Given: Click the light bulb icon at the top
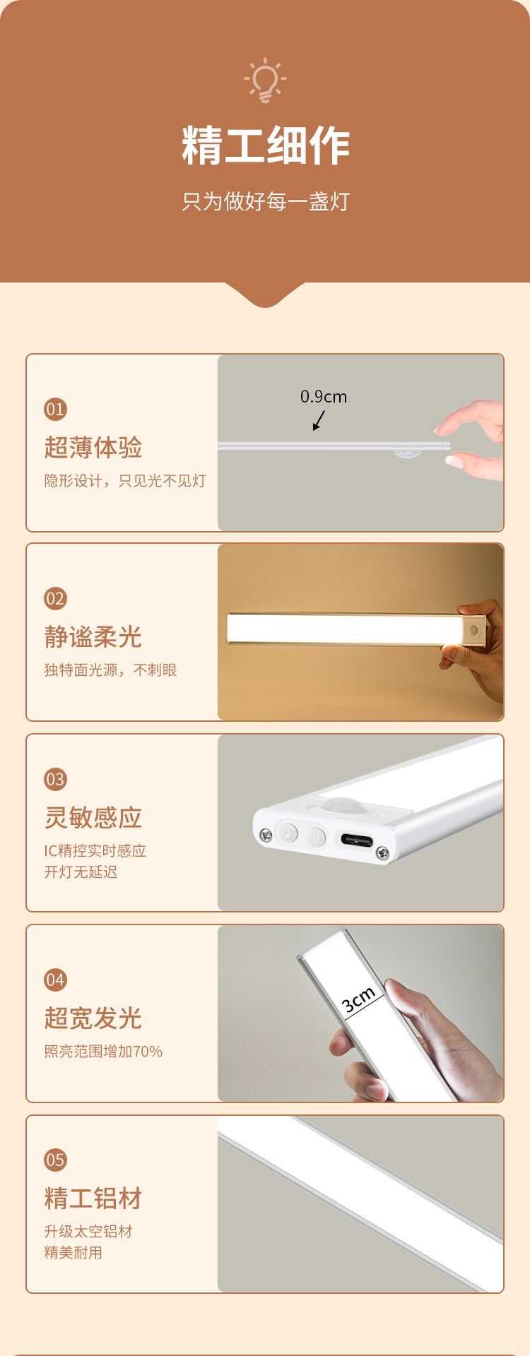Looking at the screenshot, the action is coord(265,81).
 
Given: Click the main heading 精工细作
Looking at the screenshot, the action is coord(266,146).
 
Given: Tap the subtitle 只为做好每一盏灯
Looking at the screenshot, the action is coord(266,201).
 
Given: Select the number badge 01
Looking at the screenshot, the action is coord(55,410).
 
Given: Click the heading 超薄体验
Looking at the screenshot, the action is coord(93,448).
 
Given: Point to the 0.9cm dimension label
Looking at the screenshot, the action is coord(324,397).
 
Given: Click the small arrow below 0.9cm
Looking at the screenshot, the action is coord(319,420).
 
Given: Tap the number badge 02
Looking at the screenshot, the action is coord(55,599).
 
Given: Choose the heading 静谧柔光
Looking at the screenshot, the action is coord(93,637).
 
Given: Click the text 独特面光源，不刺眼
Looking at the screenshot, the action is coord(110,670).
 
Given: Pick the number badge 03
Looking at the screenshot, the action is coord(55,780).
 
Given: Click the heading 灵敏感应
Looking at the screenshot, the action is coord(93,818).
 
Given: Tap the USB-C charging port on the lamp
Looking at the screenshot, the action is coord(357,840).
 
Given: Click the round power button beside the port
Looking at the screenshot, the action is coord(316,837).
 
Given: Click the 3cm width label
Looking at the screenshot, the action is coord(358,999).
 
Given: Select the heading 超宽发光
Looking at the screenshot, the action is coord(93,1018).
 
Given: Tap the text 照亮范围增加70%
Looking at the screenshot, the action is coord(103,1052).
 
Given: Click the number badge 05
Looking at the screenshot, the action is coord(55,1160).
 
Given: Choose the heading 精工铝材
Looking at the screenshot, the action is coord(93,1199).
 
